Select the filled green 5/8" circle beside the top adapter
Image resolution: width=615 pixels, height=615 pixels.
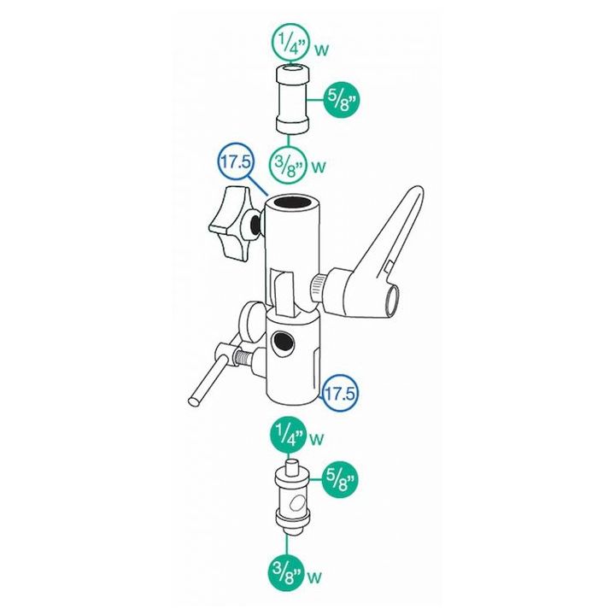tap(341, 101)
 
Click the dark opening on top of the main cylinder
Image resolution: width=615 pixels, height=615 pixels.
tap(292, 202)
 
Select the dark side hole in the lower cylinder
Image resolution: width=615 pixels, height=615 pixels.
tap(284, 343)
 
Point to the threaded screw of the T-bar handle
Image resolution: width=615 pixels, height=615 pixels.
tap(243, 358)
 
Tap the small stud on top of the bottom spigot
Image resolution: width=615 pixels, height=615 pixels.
tap(290, 467)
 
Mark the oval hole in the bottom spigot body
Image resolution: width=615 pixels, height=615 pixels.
tap(298, 505)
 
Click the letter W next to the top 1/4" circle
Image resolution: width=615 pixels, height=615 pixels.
tap(322, 50)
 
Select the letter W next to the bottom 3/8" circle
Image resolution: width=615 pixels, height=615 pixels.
tap(314, 577)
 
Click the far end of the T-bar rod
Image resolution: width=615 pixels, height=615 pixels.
tap(194, 401)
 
